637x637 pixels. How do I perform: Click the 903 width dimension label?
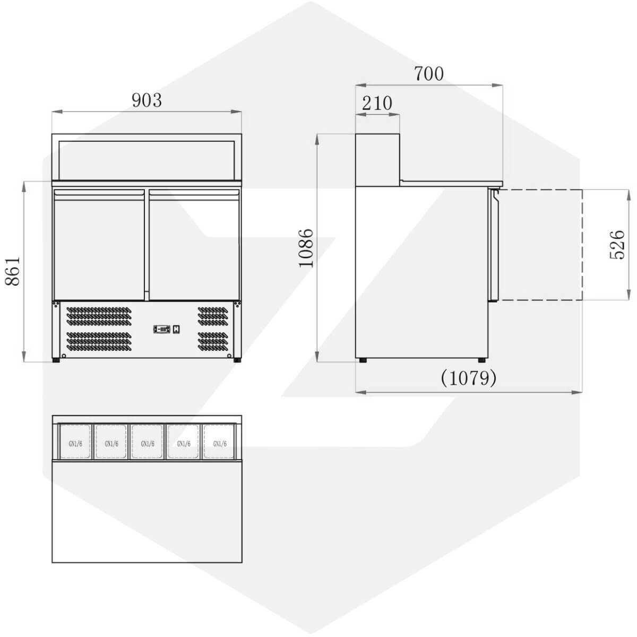coord(147,100)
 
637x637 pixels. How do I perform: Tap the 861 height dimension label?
coord(13,271)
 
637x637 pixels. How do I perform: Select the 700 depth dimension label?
coord(429,73)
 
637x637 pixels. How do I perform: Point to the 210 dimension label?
coord(377,103)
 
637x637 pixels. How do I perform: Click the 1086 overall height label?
coord(306,247)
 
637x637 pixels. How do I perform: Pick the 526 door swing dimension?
coord(617,245)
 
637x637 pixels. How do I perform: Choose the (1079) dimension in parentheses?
coord(468,378)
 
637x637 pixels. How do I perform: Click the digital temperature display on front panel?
coord(162,329)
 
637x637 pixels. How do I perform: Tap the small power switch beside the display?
coord(177,329)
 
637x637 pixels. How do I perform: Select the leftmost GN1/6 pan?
coord(75,441)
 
